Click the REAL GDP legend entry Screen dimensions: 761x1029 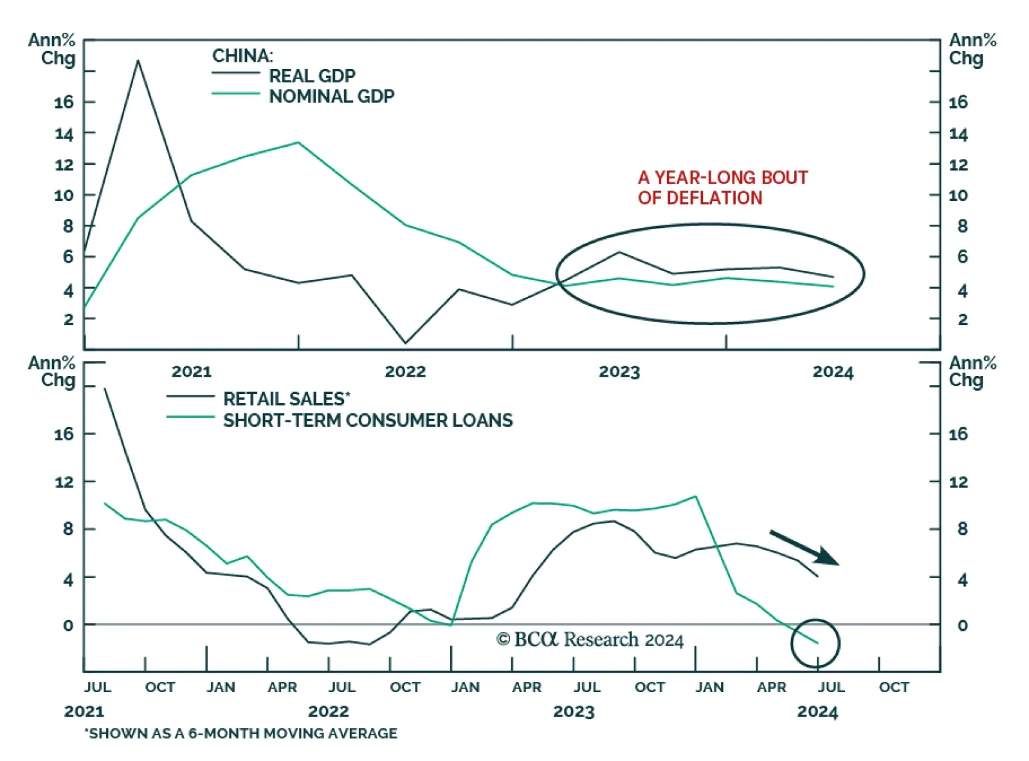[x=312, y=76]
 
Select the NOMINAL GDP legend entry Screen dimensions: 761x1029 [x=331, y=97]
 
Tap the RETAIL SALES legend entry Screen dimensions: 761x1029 [x=286, y=399]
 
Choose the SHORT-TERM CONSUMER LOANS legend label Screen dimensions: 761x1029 [x=368, y=420]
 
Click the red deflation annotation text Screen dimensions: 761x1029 [x=722, y=187]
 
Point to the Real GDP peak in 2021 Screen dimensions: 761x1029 [x=138, y=61]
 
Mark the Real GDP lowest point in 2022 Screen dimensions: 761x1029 [x=405, y=343]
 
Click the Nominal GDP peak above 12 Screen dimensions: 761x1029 [x=298, y=142]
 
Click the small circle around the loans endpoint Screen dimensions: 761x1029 [x=815, y=643]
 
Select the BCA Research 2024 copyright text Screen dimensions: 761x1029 [x=590, y=639]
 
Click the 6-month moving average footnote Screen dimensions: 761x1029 [x=241, y=733]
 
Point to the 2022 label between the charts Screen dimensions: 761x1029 [x=405, y=371]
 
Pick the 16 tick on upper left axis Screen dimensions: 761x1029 [x=64, y=102]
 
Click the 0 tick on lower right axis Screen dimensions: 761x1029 [x=962, y=625]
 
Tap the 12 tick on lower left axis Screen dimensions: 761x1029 [x=64, y=482]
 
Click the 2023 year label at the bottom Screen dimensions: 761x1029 [x=574, y=711]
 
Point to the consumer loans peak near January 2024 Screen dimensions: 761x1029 [x=695, y=496]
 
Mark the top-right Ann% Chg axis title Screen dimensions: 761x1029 [x=972, y=49]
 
